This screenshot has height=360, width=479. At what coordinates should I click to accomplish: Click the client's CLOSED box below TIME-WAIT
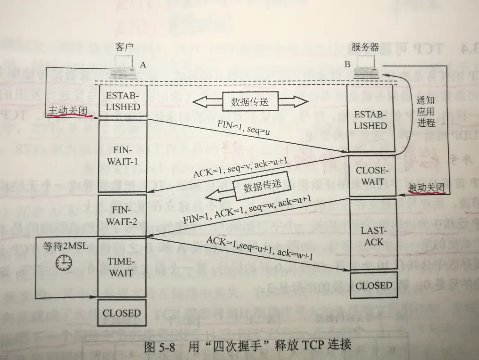coord(121,313)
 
